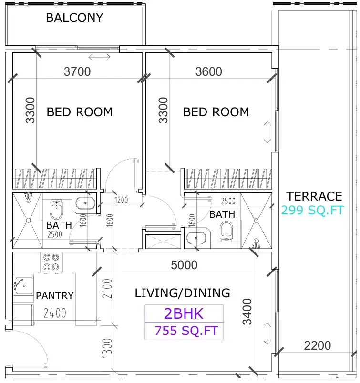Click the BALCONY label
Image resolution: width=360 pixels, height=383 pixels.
point(74,18)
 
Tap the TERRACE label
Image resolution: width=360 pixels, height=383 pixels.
point(314,196)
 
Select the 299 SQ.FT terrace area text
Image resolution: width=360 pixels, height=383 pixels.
point(313,210)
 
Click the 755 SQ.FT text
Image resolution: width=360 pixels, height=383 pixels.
point(186,331)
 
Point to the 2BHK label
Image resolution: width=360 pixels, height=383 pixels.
point(184,313)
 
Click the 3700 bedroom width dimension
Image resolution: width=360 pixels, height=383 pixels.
point(77,71)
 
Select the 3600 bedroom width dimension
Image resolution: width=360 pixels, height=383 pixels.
point(209,71)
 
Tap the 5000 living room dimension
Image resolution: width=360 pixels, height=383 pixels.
point(184,265)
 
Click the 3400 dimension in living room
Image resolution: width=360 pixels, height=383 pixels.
point(247,312)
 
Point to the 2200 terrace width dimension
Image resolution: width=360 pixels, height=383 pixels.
point(318,346)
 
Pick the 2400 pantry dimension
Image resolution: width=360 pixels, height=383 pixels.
point(55,313)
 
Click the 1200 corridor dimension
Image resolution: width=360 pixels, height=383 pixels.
point(121,200)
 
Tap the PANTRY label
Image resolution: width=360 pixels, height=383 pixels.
point(55,296)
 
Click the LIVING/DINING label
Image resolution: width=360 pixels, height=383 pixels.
point(183,293)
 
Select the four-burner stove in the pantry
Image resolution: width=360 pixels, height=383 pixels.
point(51,262)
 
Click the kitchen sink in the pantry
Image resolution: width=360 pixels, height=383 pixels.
point(23,286)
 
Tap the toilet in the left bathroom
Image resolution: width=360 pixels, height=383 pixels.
point(56,209)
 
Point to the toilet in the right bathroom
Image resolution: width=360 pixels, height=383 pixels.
point(226,232)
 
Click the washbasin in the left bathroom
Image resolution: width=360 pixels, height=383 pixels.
point(85,203)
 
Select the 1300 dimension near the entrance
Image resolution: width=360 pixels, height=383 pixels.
point(107,348)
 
